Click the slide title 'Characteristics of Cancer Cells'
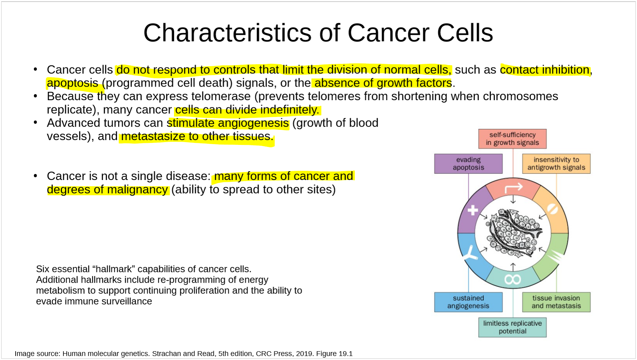(318, 33)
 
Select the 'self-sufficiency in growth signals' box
(512, 139)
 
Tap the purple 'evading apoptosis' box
(468, 164)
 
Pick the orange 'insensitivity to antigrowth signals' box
(556, 164)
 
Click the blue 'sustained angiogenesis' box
(468, 302)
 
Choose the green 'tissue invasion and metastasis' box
(556, 302)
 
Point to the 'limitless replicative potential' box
(512, 327)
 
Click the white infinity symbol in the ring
(513, 279)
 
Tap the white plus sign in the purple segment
(473, 210)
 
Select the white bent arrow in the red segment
(514, 188)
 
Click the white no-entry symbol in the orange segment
(552, 209)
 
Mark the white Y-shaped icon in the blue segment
(471, 253)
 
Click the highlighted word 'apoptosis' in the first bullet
(73, 83)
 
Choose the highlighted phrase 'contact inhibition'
(544, 70)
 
